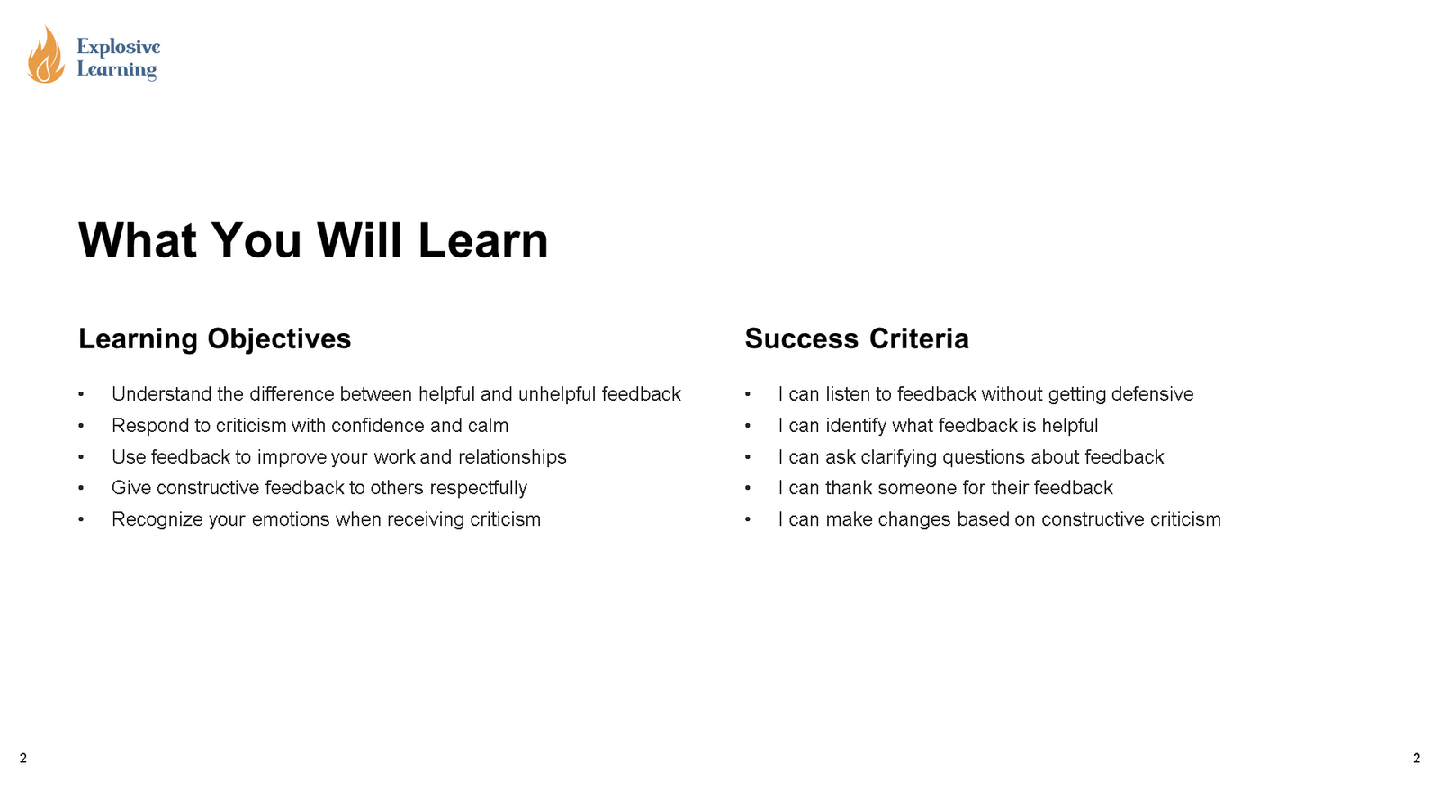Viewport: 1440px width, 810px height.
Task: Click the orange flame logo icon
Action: pyautogui.click(x=46, y=55)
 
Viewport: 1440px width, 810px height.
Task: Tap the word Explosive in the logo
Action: pyautogui.click(x=118, y=47)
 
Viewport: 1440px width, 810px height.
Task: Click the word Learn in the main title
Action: pyautogui.click(x=482, y=240)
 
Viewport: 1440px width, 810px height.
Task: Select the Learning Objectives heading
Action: pyautogui.click(x=215, y=338)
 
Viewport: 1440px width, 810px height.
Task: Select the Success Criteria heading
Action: pyautogui.click(x=857, y=338)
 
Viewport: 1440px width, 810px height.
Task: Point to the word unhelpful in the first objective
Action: pyautogui.click(x=557, y=393)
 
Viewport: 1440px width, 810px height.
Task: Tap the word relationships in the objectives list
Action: pyautogui.click(x=512, y=457)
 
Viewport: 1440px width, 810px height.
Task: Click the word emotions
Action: pyautogui.click(x=290, y=519)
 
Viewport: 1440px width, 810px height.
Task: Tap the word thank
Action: pyautogui.click(x=849, y=488)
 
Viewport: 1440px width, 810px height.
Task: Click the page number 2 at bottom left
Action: pyautogui.click(x=23, y=759)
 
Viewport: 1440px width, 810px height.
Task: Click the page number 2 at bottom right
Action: pyautogui.click(x=1417, y=759)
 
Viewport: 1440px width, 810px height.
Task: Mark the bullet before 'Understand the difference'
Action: pyautogui.click(x=81, y=394)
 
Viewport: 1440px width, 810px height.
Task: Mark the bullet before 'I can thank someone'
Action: pyautogui.click(x=748, y=488)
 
